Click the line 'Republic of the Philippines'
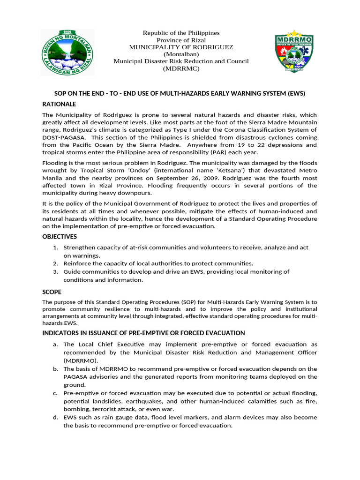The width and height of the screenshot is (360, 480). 181,33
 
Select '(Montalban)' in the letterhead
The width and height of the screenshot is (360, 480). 181,54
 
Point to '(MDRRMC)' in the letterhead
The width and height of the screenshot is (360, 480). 181,69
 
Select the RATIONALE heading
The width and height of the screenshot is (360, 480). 59,104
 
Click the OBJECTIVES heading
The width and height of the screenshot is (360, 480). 60,237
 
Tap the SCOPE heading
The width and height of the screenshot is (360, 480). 52,292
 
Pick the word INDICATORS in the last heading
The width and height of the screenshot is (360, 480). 61,333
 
